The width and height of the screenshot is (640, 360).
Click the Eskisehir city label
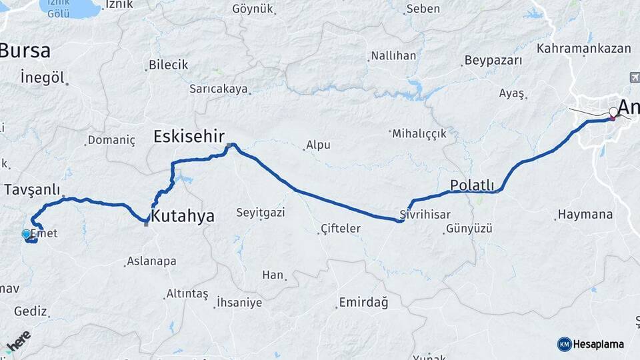click(189, 137)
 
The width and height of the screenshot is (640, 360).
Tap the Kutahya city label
click(183, 216)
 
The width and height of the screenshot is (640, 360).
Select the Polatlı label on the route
click(472, 185)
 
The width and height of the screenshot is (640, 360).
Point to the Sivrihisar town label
click(425, 214)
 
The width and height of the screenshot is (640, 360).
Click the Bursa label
click(25, 51)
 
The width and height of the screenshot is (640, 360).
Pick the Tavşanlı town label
click(32, 189)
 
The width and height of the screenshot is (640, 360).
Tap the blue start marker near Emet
click(26, 234)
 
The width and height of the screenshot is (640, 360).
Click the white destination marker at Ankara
click(614, 112)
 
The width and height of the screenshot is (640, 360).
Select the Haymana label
click(584, 215)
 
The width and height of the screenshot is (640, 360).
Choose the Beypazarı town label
click(493, 60)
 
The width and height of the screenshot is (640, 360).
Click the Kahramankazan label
click(583, 49)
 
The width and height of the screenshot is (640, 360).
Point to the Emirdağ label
click(363, 302)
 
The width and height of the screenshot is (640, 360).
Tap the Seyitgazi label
click(261, 213)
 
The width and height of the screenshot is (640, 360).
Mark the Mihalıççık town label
click(419, 133)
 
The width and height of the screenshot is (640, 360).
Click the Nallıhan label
click(393, 55)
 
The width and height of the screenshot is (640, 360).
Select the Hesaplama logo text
click(599, 345)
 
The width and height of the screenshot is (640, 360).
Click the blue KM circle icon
click(564, 344)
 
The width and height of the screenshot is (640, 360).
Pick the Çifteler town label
click(341, 229)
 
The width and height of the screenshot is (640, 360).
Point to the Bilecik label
click(169, 65)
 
